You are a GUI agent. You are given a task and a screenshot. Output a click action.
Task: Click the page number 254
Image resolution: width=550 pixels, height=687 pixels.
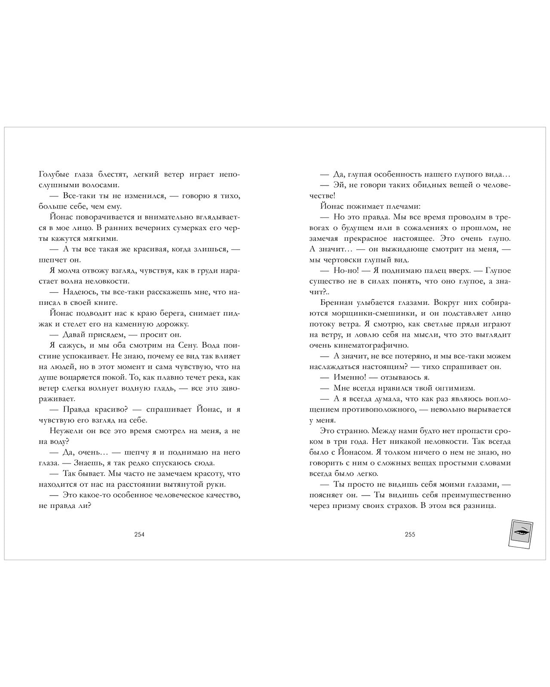coord(139,535)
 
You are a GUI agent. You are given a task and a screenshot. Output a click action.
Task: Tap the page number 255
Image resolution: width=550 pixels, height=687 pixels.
coord(409,535)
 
